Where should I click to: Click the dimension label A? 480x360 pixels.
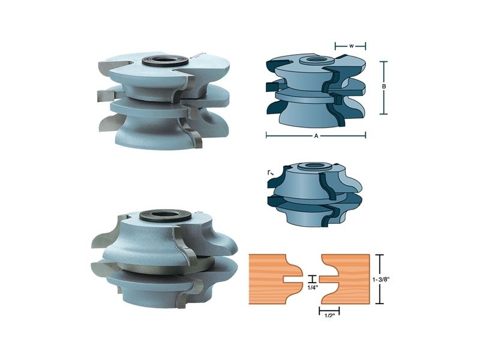point(316,136)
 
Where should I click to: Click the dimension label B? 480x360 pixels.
point(383,86)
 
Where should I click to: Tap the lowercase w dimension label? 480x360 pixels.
point(352,46)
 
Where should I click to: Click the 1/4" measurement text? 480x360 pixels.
point(313,287)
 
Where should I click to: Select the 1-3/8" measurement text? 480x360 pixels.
point(381,279)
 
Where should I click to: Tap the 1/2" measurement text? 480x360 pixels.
point(329,316)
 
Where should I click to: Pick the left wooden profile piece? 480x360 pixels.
point(272,279)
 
